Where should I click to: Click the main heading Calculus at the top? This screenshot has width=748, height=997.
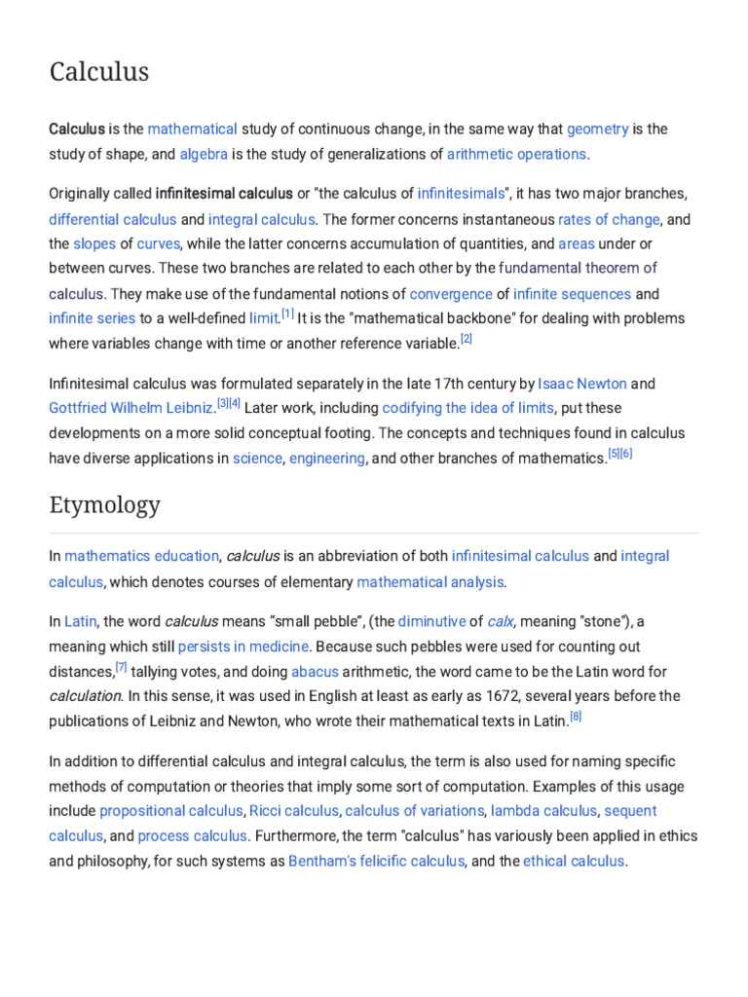pos(99,72)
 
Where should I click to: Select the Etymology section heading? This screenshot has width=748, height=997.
pos(104,505)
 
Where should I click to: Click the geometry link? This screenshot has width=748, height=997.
pos(597,129)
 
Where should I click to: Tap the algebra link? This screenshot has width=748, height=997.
pos(204,154)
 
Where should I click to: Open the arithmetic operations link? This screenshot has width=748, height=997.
pos(516,154)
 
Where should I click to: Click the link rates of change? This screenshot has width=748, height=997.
pos(609,219)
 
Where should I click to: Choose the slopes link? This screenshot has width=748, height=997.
pos(94,243)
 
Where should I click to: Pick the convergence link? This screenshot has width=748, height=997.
pos(451,293)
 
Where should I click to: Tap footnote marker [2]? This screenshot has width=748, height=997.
pos(466,339)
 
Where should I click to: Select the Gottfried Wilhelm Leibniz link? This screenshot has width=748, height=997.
pos(131,408)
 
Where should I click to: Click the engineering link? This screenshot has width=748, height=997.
pos(327,458)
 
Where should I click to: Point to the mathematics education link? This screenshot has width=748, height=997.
pos(141,556)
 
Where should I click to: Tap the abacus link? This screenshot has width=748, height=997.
pos(315,671)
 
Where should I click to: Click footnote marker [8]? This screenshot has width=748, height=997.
pos(576,718)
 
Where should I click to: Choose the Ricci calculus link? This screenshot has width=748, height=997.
pos(293,810)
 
